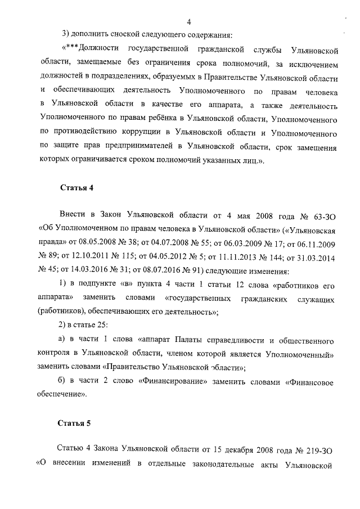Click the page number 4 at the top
coord(189,22)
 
